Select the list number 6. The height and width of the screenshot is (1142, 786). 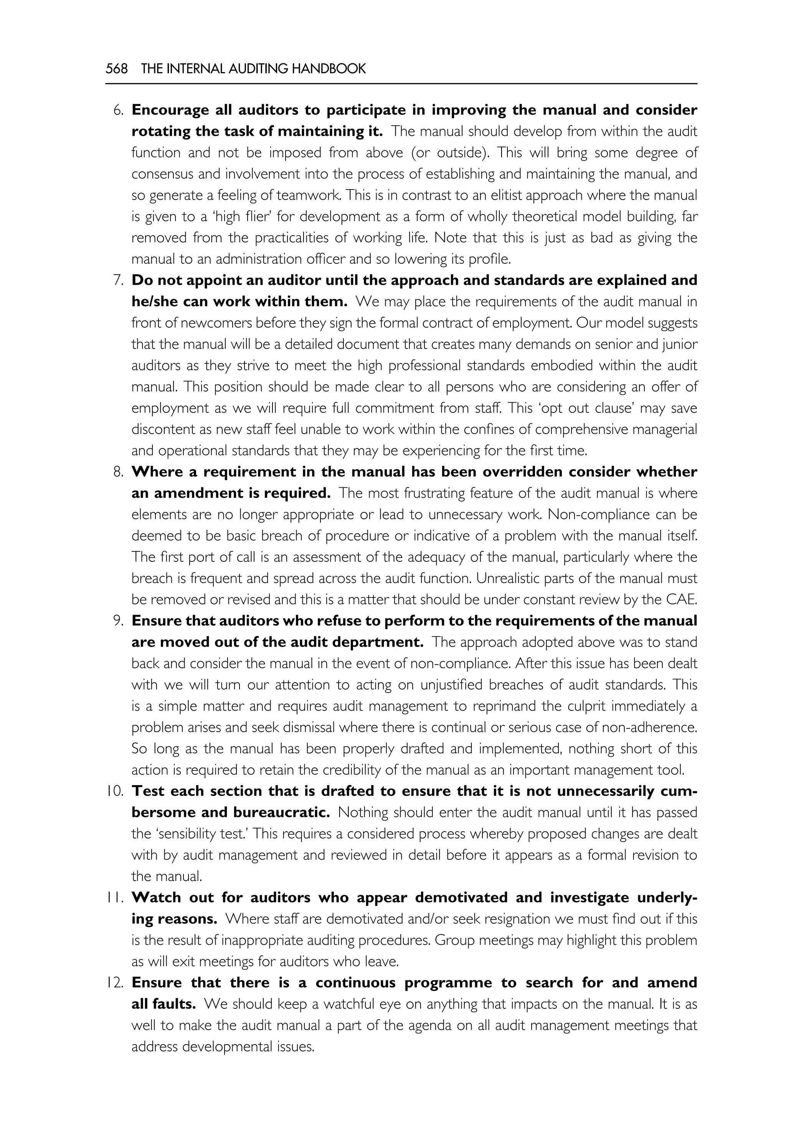pos(118,110)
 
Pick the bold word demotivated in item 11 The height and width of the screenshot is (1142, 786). pos(461,897)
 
